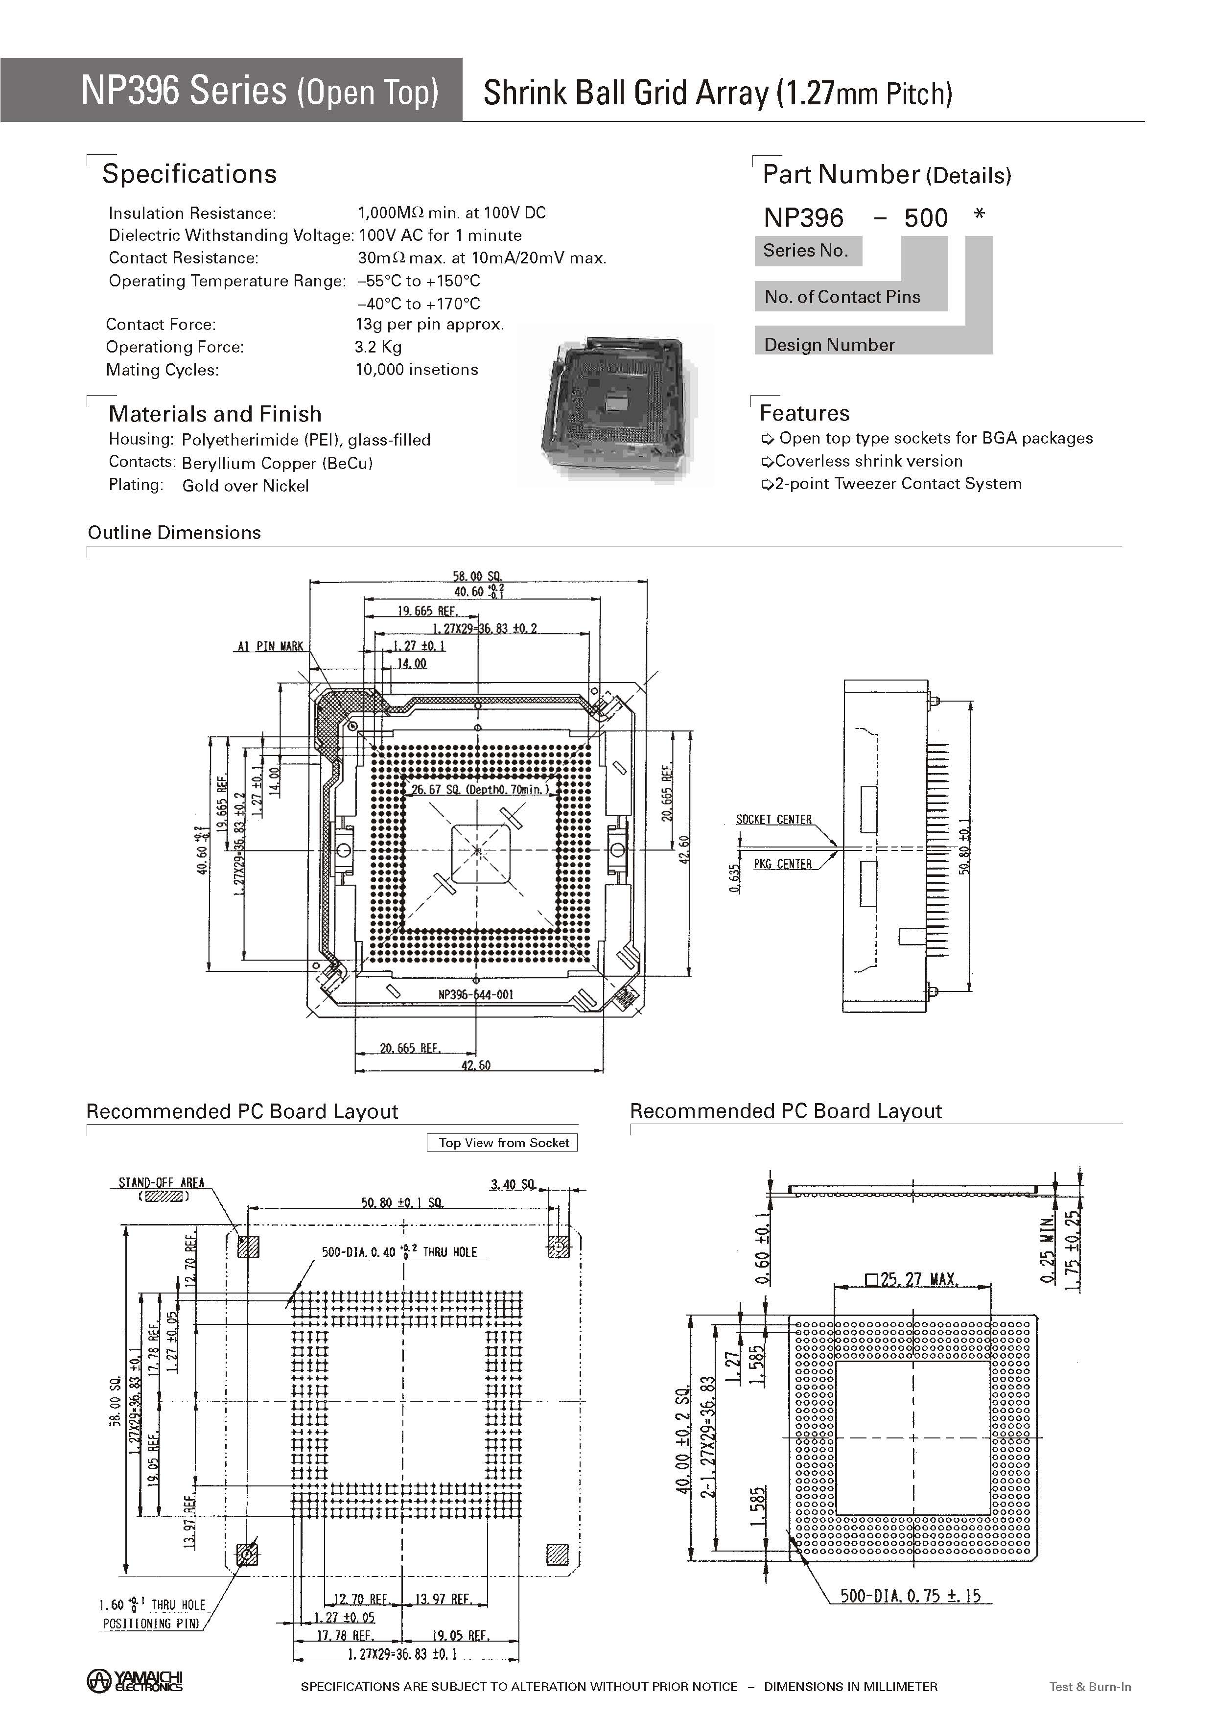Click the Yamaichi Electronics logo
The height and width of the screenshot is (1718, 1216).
click(x=135, y=1681)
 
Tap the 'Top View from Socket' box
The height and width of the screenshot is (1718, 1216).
click(x=503, y=1142)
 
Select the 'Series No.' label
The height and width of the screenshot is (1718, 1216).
click(x=806, y=251)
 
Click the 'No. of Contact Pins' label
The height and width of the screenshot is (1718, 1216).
click(x=842, y=297)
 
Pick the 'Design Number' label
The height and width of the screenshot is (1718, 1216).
click(x=830, y=345)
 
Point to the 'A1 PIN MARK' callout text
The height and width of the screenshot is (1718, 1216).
click(x=270, y=646)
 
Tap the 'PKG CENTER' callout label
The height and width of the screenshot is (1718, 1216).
click(x=782, y=864)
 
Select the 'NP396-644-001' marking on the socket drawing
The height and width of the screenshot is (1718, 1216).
click(x=475, y=994)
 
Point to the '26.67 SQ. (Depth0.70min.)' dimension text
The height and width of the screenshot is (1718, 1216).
click(x=480, y=789)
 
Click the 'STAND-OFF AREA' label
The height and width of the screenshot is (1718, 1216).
click(x=161, y=1183)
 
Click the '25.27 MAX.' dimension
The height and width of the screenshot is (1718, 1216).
click(x=912, y=1279)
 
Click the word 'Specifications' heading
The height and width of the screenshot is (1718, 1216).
click(x=189, y=174)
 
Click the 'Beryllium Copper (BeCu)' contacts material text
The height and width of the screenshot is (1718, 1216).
click(x=277, y=464)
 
